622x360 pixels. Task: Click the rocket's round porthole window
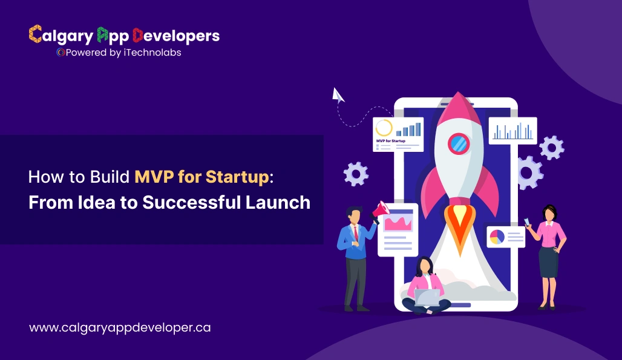tap(459, 143)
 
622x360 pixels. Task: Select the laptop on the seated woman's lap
tap(427, 296)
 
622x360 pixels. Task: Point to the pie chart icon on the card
tap(497, 237)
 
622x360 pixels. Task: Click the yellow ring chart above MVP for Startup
tap(384, 128)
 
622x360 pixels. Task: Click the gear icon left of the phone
tap(355, 174)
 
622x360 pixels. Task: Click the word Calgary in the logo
tap(61, 36)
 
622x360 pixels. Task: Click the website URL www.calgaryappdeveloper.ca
tap(120, 327)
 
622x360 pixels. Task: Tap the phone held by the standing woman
tap(526, 221)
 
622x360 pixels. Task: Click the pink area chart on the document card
tap(398, 223)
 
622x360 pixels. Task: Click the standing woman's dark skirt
tap(548, 261)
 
